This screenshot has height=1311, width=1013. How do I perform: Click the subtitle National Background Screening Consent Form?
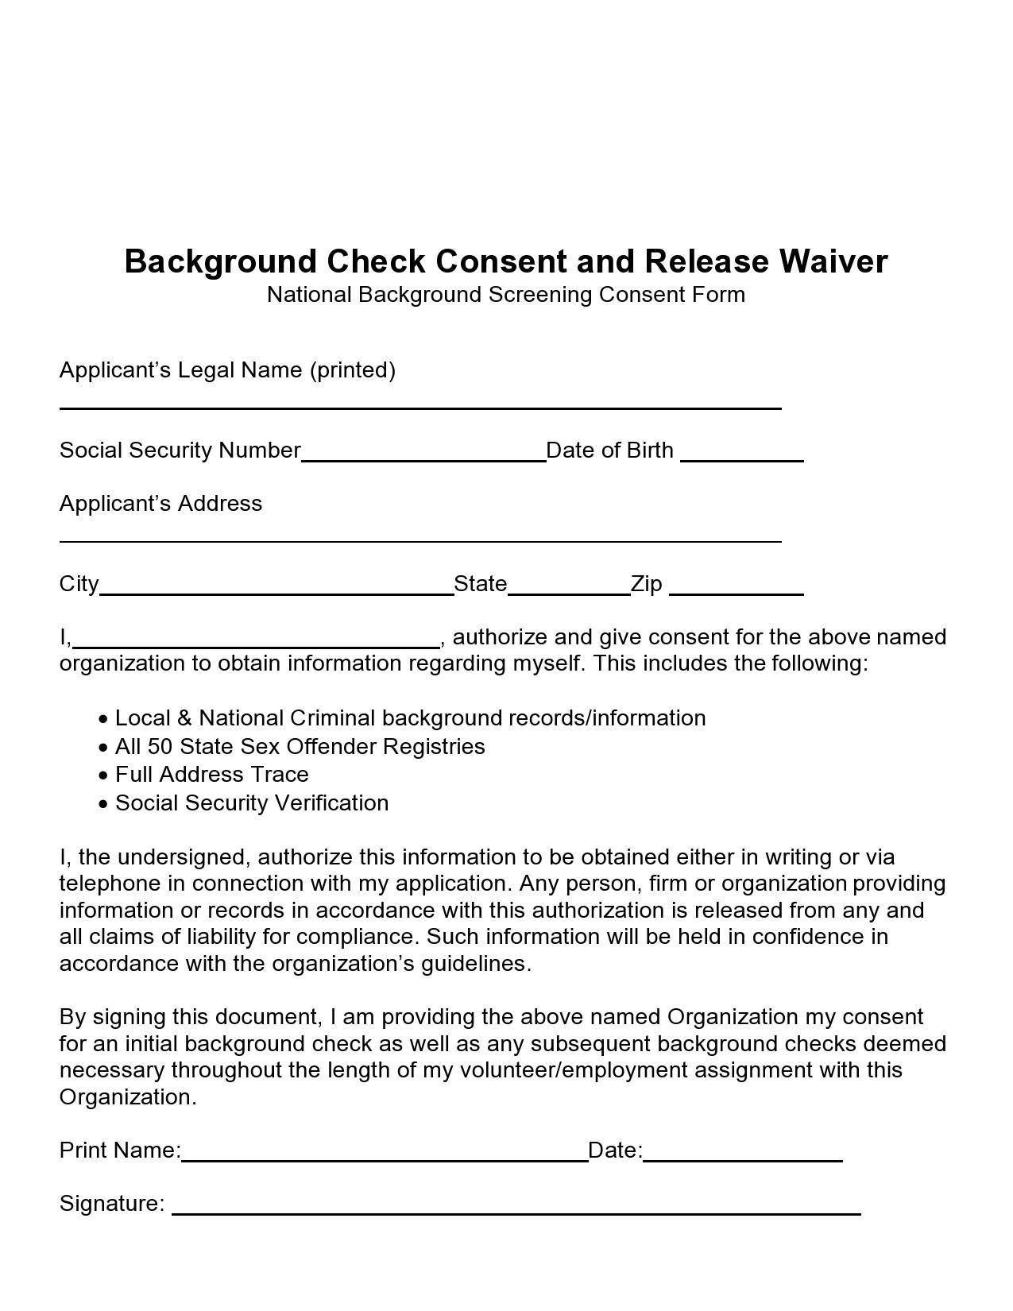point(505,295)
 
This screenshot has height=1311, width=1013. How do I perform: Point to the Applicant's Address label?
point(160,504)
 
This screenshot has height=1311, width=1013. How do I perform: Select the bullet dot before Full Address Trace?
point(103,775)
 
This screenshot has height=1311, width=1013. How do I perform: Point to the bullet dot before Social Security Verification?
point(103,804)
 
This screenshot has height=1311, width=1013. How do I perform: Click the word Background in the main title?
point(222,261)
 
